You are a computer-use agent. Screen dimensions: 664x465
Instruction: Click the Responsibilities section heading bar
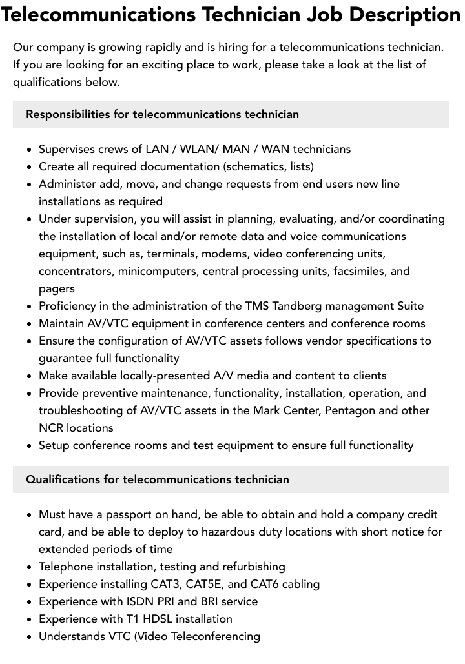click(231, 114)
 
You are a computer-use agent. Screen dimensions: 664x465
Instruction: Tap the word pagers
click(57, 288)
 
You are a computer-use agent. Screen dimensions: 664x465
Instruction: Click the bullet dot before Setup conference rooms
click(30, 446)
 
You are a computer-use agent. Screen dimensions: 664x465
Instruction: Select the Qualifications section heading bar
click(231, 479)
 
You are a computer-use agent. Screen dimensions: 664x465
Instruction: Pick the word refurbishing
click(254, 567)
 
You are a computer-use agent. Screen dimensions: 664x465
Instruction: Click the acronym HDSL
click(166, 619)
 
